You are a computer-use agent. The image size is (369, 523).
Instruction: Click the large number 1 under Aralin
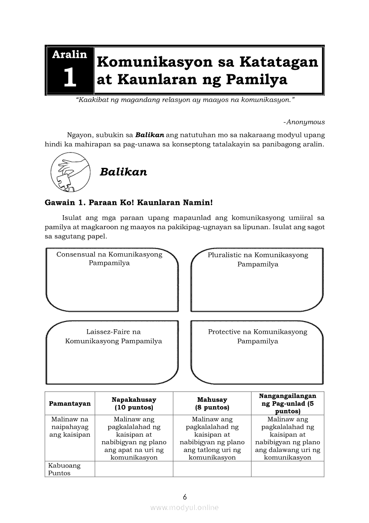click(70, 77)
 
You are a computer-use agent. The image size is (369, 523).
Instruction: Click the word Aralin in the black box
click(70, 55)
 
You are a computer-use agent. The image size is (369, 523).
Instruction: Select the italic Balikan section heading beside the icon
click(123, 172)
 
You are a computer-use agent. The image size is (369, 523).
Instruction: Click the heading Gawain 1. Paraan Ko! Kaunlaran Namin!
click(129, 202)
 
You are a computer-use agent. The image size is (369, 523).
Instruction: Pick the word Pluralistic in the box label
click(225, 255)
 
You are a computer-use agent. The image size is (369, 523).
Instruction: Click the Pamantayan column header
click(70, 404)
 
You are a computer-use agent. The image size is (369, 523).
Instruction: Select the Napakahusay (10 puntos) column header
click(134, 404)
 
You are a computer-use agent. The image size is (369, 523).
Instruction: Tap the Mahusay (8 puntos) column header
click(212, 404)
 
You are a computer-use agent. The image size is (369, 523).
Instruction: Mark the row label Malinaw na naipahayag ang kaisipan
click(70, 427)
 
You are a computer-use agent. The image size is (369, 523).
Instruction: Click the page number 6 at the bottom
click(184, 497)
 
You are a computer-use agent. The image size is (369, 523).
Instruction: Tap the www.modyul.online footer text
click(184, 508)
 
